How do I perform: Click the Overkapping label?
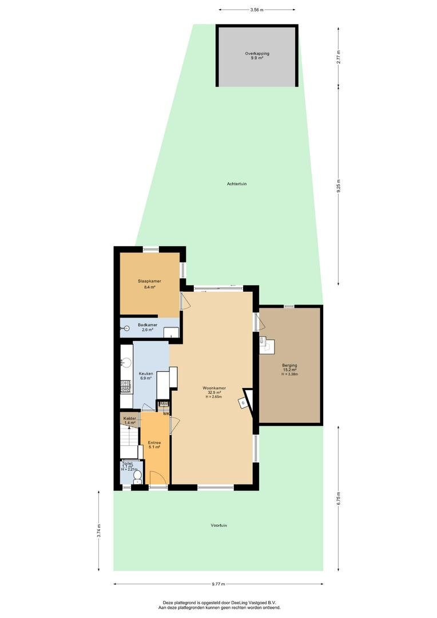click(x=257, y=54)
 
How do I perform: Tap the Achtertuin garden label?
click(x=237, y=184)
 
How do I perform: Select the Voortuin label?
click(x=218, y=525)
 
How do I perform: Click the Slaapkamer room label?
click(x=149, y=282)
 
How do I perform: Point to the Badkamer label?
click(x=148, y=325)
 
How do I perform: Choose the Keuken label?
click(x=146, y=374)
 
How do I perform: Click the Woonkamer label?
click(x=214, y=387)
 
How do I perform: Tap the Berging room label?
click(x=289, y=365)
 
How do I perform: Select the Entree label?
click(x=154, y=442)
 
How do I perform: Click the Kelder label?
click(x=130, y=418)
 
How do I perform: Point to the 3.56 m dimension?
click(x=257, y=10)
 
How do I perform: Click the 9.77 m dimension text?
click(x=218, y=584)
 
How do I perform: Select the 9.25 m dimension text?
click(x=339, y=186)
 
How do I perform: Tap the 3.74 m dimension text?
click(x=98, y=531)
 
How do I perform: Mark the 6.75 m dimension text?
click(x=339, y=498)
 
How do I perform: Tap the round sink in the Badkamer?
click(x=126, y=328)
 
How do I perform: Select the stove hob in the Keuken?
click(x=126, y=386)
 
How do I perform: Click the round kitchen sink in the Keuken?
click(x=126, y=362)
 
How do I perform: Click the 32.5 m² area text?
click(x=214, y=392)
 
